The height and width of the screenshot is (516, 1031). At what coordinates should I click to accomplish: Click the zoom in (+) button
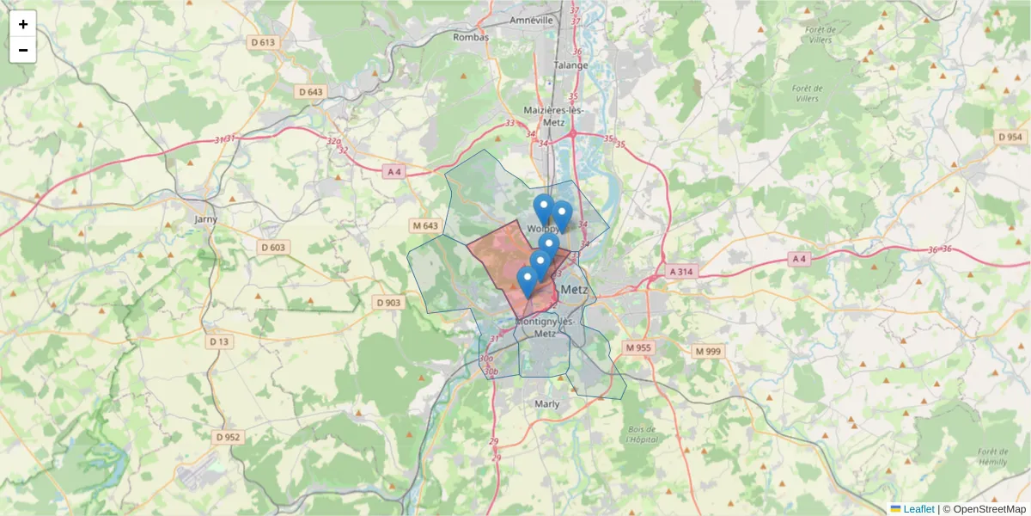coord(23,24)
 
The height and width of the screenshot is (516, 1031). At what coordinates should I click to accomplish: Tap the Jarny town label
coord(206,219)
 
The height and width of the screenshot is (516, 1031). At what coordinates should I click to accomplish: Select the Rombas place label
coord(471,37)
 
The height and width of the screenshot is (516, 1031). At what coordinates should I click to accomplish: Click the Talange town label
coord(571,64)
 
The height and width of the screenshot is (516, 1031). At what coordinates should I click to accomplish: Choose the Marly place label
coord(546,403)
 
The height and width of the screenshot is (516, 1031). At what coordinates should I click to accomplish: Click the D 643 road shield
coord(312,92)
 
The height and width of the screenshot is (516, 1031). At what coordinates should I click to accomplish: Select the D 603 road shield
coord(273,248)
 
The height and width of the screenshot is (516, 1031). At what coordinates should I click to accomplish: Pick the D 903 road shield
coord(388,303)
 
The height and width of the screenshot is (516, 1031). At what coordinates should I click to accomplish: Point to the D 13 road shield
coord(220,341)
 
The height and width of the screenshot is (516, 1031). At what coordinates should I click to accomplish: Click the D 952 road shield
coord(228,437)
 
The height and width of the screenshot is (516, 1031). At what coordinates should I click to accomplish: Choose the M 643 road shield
coord(425,226)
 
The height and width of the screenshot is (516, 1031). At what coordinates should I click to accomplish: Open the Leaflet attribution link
coord(918,508)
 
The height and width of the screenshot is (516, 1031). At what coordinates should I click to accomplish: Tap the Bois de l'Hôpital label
coord(641,433)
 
